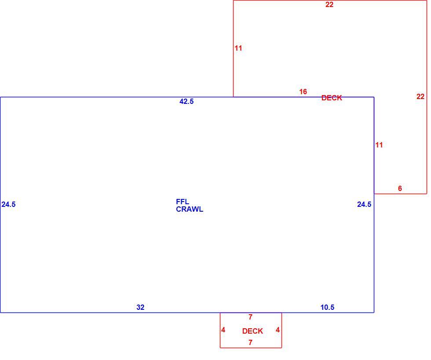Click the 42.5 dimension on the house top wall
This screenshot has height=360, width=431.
click(186, 102)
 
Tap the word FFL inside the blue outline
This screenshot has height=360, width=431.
click(182, 202)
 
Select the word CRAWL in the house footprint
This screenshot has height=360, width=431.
click(190, 209)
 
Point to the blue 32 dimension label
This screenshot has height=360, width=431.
click(140, 307)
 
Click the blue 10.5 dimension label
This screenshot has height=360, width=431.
click(327, 307)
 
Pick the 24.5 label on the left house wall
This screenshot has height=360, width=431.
click(8, 204)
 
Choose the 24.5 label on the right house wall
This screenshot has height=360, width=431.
click(364, 204)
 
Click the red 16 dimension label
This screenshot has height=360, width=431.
click(303, 92)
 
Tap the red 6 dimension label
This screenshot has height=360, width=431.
click(400, 188)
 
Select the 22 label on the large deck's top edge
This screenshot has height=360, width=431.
click(329, 5)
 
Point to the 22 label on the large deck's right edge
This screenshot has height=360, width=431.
click(420, 96)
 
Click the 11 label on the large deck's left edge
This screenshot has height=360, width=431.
click(238, 48)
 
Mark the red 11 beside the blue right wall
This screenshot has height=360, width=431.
click(379, 145)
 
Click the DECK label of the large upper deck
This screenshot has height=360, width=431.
click(332, 98)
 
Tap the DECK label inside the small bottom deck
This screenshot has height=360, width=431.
click(252, 331)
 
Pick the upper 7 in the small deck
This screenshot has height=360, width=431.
click(250, 317)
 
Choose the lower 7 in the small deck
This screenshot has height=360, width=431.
click(250, 342)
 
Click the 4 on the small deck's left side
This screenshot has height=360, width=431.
click(223, 330)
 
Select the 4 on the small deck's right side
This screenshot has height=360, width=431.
click(278, 330)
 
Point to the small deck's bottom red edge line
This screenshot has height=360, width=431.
click(251, 348)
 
